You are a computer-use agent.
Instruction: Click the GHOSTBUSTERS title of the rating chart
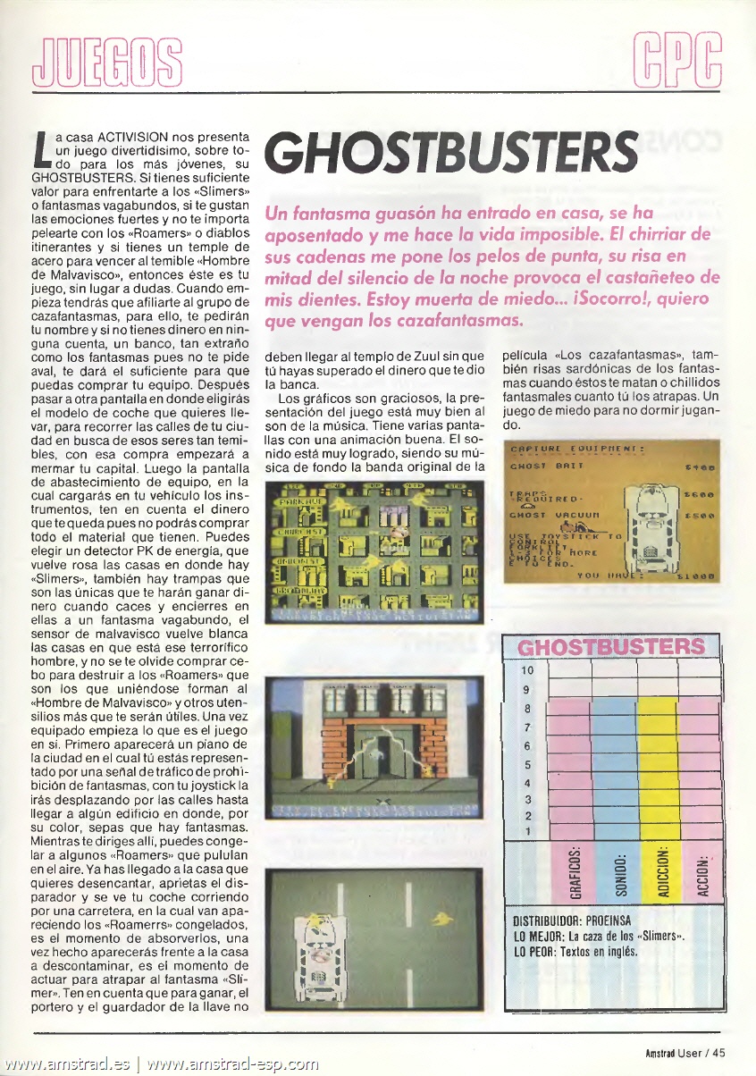pyautogui.click(x=611, y=647)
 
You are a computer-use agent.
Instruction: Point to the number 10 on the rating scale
pyautogui.click(x=526, y=670)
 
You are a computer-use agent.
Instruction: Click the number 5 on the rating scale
pyautogui.click(x=527, y=765)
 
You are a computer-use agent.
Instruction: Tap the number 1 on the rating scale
pyautogui.click(x=527, y=831)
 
